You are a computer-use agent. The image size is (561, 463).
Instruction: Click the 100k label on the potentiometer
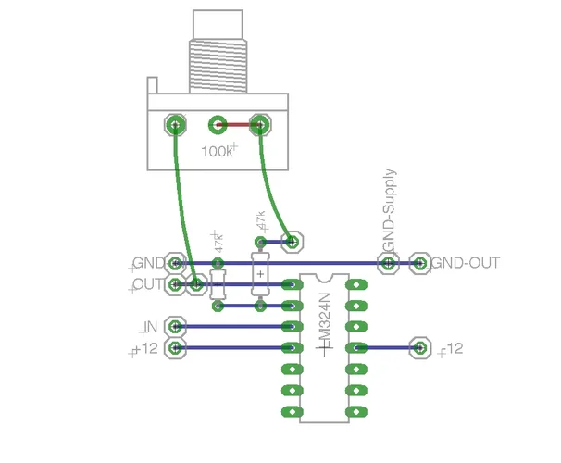pyautogui.click(x=217, y=150)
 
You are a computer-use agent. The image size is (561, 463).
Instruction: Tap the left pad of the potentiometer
pyautogui.click(x=175, y=125)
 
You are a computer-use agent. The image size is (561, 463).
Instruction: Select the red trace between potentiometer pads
pyautogui.click(x=239, y=124)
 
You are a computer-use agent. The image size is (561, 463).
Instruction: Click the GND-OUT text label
pyautogui.click(x=467, y=263)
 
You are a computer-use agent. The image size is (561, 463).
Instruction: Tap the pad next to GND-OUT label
pyautogui.click(x=420, y=264)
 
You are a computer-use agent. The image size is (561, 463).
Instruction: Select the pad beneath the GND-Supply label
pyautogui.click(x=390, y=264)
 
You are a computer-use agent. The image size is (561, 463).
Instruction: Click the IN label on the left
pyautogui.click(x=150, y=327)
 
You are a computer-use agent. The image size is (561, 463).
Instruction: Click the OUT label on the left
pyautogui.click(x=148, y=284)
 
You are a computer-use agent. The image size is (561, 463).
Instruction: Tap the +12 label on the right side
pyautogui.click(x=453, y=348)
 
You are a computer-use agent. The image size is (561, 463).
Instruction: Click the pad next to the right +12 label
pyautogui.click(x=420, y=348)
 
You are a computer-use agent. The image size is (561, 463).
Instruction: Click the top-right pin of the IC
pyautogui.click(x=354, y=284)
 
